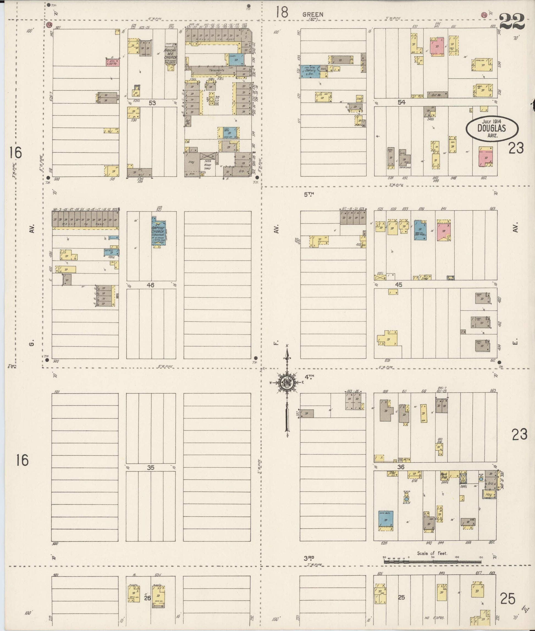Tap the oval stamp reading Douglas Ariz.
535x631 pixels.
pos(492,129)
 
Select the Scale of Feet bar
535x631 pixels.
pos(433,561)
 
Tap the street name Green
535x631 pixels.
pos(313,14)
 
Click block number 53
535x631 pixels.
pos(152,103)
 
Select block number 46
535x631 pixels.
pos(150,285)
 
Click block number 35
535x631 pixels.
pos(150,467)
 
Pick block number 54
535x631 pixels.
pos(401,103)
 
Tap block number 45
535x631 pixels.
pos(399,284)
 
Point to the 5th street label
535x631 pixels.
pos(309,194)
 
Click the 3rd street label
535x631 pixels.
pos(309,558)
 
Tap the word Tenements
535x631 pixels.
pos(217,70)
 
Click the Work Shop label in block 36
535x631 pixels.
pos(444,475)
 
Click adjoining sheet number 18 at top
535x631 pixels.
pos(282,13)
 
